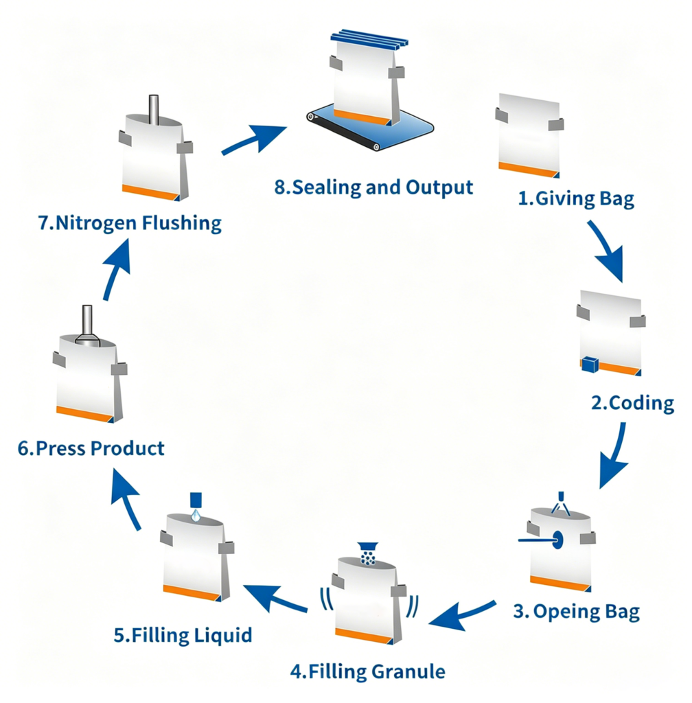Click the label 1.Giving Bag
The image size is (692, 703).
(x=576, y=198)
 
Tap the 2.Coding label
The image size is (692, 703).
(x=632, y=402)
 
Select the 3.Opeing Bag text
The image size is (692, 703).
(x=577, y=612)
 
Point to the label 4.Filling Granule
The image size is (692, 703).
(x=368, y=671)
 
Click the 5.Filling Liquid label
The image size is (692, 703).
(x=183, y=635)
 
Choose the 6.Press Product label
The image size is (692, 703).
(x=91, y=448)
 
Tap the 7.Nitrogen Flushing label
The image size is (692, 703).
(x=130, y=223)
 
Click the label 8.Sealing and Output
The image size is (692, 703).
(x=373, y=187)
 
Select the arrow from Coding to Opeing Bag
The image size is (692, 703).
(x=617, y=457)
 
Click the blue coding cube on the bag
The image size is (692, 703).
(x=590, y=364)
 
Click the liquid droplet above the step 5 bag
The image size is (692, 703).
(x=196, y=515)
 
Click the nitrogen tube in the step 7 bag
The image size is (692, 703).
(x=153, y=109)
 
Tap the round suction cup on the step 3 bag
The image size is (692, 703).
(x=557, y=540)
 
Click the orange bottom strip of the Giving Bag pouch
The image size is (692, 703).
(x=529, y=170)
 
